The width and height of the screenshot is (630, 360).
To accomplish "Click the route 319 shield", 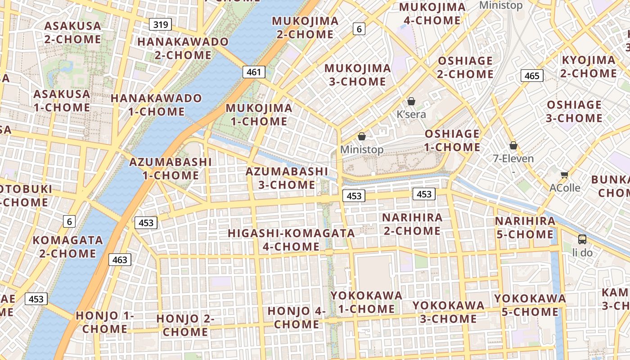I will click(161, 24).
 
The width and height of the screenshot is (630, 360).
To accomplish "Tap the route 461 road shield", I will click(254, 72).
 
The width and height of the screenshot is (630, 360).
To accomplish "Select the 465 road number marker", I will click(532, 76).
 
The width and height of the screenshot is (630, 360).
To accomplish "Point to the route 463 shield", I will click(120, 260).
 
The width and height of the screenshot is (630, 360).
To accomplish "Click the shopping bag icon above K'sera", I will click(411, 102).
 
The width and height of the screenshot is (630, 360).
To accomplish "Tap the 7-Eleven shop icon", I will click(513, 146).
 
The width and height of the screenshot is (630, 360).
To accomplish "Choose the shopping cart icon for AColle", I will click(564, 175).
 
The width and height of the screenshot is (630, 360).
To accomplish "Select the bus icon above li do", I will click(582, 239).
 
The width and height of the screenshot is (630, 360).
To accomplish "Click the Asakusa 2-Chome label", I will click(73, 32).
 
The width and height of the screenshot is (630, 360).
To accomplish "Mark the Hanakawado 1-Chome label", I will click(156, 105).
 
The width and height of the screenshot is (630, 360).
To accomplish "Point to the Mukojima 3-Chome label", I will click(357, 75).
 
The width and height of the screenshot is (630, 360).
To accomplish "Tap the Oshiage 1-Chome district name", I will click(452, 140).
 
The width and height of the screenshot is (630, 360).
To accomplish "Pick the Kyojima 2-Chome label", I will click(588, 67).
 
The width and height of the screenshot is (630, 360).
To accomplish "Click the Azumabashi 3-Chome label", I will click(287, 178).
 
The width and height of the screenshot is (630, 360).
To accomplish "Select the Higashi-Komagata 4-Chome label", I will click(291, 240).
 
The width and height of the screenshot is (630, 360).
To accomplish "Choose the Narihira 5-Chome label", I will click(525, 228).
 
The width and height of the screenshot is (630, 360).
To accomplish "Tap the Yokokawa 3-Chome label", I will click(448, 312).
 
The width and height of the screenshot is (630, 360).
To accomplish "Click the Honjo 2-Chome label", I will click(185, 325).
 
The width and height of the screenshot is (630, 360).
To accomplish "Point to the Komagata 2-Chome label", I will click(67, 247).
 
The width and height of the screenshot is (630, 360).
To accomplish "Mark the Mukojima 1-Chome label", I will click(259, 115).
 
